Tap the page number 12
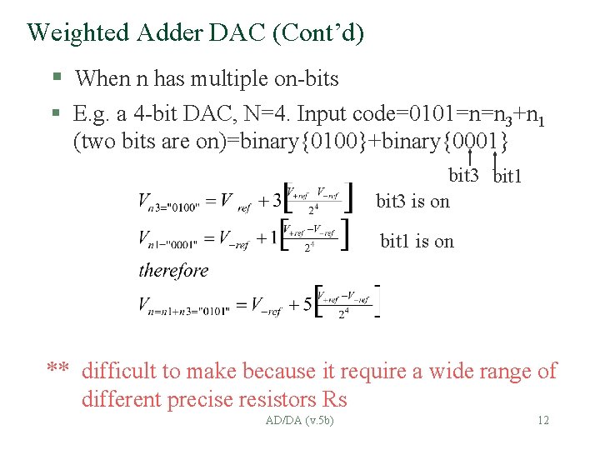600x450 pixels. click(x=542, y=420)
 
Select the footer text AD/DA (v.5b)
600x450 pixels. click(x=299, y=420)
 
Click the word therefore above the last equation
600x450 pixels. click(x=173, y=270)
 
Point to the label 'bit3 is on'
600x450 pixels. click(x=412, y=201)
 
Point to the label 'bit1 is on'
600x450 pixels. click(x=417, y=242)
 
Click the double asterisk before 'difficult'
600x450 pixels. click(x=57, y=371)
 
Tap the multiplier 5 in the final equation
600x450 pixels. click(x=307, y=305)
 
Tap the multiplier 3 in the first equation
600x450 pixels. click(x=277, y=200)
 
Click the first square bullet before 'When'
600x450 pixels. click(x=57, y=78)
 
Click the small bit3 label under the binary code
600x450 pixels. click(x=463, y=175)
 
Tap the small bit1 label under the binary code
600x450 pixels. click(x=508, y=177)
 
